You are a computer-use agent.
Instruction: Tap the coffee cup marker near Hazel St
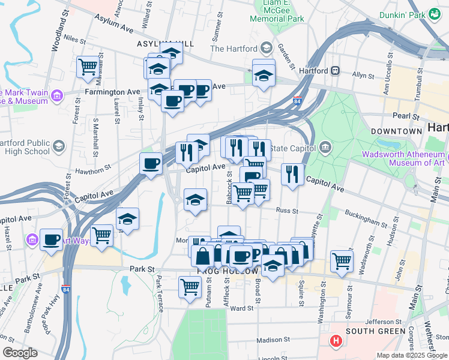(52, 239)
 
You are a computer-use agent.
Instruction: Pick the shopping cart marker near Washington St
(342, 260)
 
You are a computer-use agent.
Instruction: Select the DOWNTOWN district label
(396, 131)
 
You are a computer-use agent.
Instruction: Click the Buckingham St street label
(366, 219)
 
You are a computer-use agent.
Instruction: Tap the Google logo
(20, 353)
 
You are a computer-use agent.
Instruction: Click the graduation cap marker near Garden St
(263, 76)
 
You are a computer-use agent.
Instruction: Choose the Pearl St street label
(406, 115)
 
